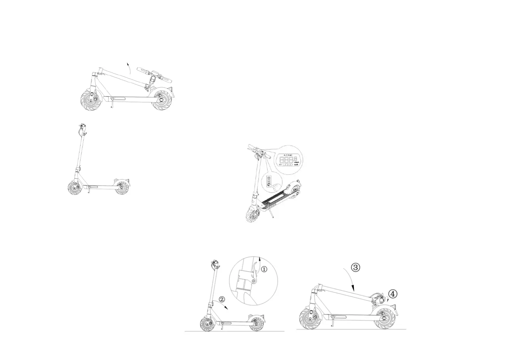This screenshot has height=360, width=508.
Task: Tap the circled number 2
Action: click(222, 299)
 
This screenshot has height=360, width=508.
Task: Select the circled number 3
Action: click(355, 268)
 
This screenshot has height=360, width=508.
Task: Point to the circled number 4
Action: click(393, 294)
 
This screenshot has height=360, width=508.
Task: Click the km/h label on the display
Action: click(296, 164)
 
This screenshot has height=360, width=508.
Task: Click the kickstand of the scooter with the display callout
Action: click(272, 213)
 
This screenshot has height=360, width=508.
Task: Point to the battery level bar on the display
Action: click(287, 164)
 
